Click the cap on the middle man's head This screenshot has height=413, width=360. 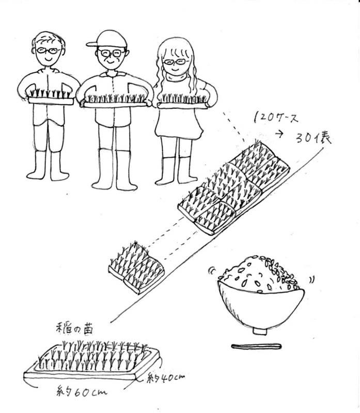click(109, 40)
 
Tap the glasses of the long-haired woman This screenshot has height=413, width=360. click(174, 62)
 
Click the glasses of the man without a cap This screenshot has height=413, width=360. click(48, 50)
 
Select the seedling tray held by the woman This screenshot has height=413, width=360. click(182, 101)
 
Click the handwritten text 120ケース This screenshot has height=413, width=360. click(276, 118)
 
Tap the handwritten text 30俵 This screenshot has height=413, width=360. click(313, 138)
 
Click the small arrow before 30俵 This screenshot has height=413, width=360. click(279, 134)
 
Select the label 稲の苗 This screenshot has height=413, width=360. click(74, 329)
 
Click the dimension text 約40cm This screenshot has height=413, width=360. click(166, 378)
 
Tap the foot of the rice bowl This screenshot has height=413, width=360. click(260, 331)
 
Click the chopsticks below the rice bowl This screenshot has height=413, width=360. click(256, 346)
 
